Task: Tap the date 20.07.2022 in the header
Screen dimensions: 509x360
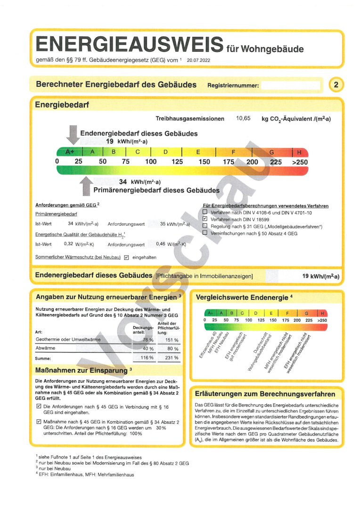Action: point(199,60)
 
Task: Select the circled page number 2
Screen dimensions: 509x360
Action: point(335,85)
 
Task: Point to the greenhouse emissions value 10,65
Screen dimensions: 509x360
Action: point(243,119)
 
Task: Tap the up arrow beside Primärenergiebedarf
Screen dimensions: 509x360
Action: point(86,186)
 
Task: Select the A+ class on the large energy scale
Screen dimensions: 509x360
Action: point(70,152)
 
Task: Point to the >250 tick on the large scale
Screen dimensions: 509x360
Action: point(300,162)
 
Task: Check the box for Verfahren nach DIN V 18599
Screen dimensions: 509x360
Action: point(205,220)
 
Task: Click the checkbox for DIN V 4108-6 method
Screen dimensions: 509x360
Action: point(205,213)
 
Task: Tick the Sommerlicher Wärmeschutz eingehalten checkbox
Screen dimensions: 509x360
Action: point(126,258)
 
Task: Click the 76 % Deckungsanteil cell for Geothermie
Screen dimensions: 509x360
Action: point(148,340)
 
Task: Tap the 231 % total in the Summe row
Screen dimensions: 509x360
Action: point(173,358)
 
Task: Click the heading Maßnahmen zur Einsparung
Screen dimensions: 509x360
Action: point(82,370)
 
